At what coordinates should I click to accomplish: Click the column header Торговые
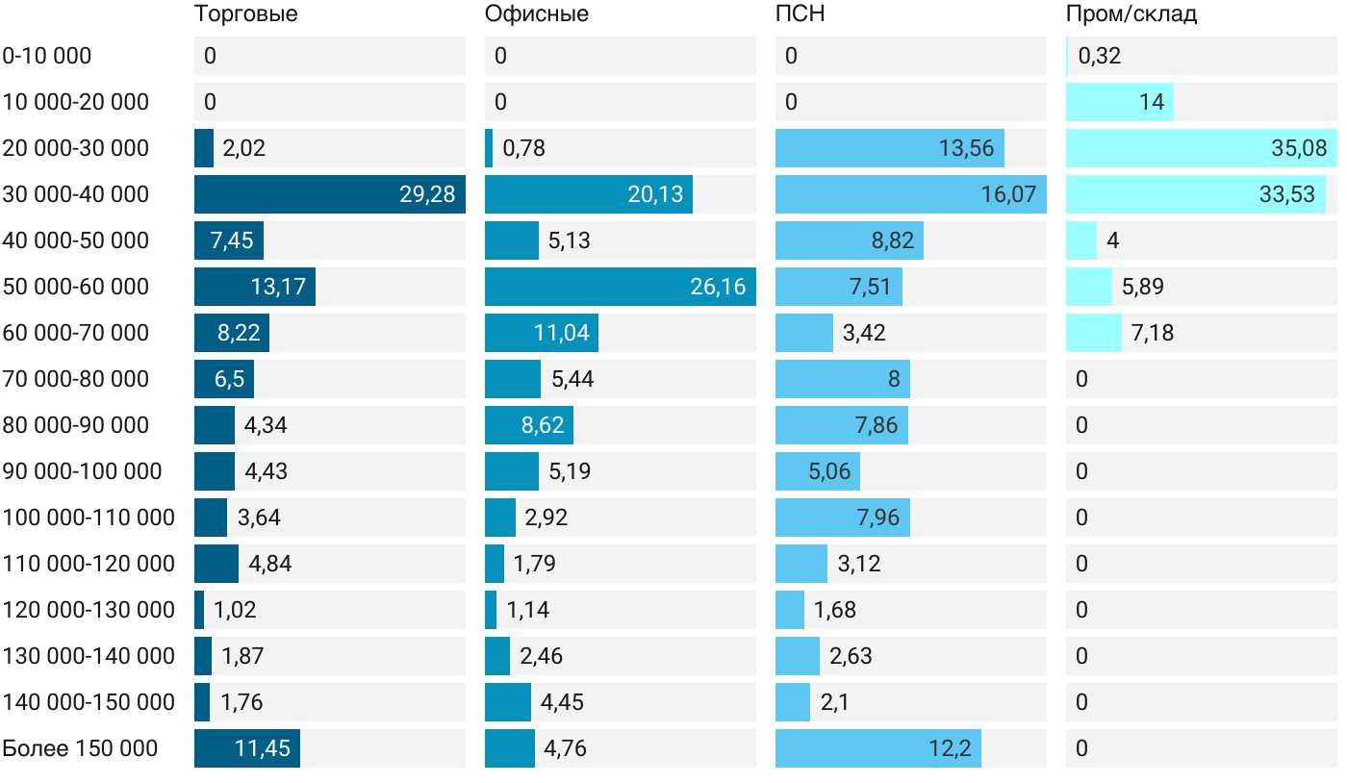245,14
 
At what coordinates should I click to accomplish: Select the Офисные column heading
536,14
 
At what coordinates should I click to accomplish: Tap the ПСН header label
800,14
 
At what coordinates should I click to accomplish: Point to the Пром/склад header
1131,14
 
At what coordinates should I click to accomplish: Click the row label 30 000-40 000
76,194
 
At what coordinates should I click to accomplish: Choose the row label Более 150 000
80,748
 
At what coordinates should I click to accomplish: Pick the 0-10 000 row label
47,56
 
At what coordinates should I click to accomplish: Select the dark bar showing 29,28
330,194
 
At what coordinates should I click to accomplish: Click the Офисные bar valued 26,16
620,287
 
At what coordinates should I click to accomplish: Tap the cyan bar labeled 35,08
1201,148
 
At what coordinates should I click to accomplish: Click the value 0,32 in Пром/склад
1099,56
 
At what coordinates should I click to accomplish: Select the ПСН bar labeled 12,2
877,748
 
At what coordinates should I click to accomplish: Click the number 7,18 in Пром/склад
1153,333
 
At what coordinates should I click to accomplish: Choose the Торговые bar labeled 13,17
255,287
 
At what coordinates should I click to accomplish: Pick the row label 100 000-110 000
89,518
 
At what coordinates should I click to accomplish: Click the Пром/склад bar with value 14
1120,102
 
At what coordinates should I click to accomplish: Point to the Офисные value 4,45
562,702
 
